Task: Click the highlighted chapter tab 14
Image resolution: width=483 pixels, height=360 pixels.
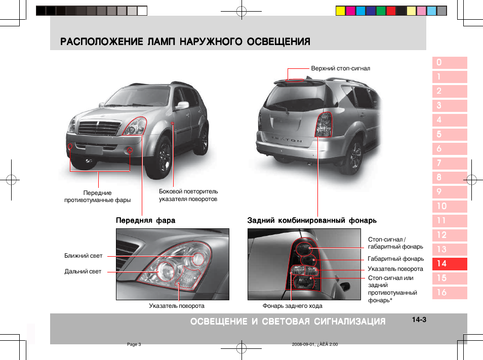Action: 450,264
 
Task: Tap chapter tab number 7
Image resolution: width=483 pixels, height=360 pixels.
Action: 450,163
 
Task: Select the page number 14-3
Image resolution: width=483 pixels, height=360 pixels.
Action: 419,320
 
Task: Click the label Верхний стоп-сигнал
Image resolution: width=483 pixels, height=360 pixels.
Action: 340,68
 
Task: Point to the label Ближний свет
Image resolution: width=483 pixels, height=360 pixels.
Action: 84,256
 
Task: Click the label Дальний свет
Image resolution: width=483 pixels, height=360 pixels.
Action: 83,271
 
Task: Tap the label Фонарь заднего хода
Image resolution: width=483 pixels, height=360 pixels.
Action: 292,306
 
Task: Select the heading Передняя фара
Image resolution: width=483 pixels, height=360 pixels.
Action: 145,221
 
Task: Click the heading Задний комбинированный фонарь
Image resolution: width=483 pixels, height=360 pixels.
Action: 312,221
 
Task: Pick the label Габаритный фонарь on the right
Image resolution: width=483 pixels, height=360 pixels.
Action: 395,259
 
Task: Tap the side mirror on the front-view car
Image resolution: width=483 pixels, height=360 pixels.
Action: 182,105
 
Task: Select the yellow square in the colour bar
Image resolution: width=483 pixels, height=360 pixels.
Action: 340,11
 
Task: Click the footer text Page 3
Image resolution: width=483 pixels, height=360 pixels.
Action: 134,344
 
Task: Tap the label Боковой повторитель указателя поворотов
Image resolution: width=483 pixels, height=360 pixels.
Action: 188,195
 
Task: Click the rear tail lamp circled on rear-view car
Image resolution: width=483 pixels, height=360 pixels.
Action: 324,125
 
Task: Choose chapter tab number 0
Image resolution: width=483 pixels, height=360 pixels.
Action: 450,63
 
